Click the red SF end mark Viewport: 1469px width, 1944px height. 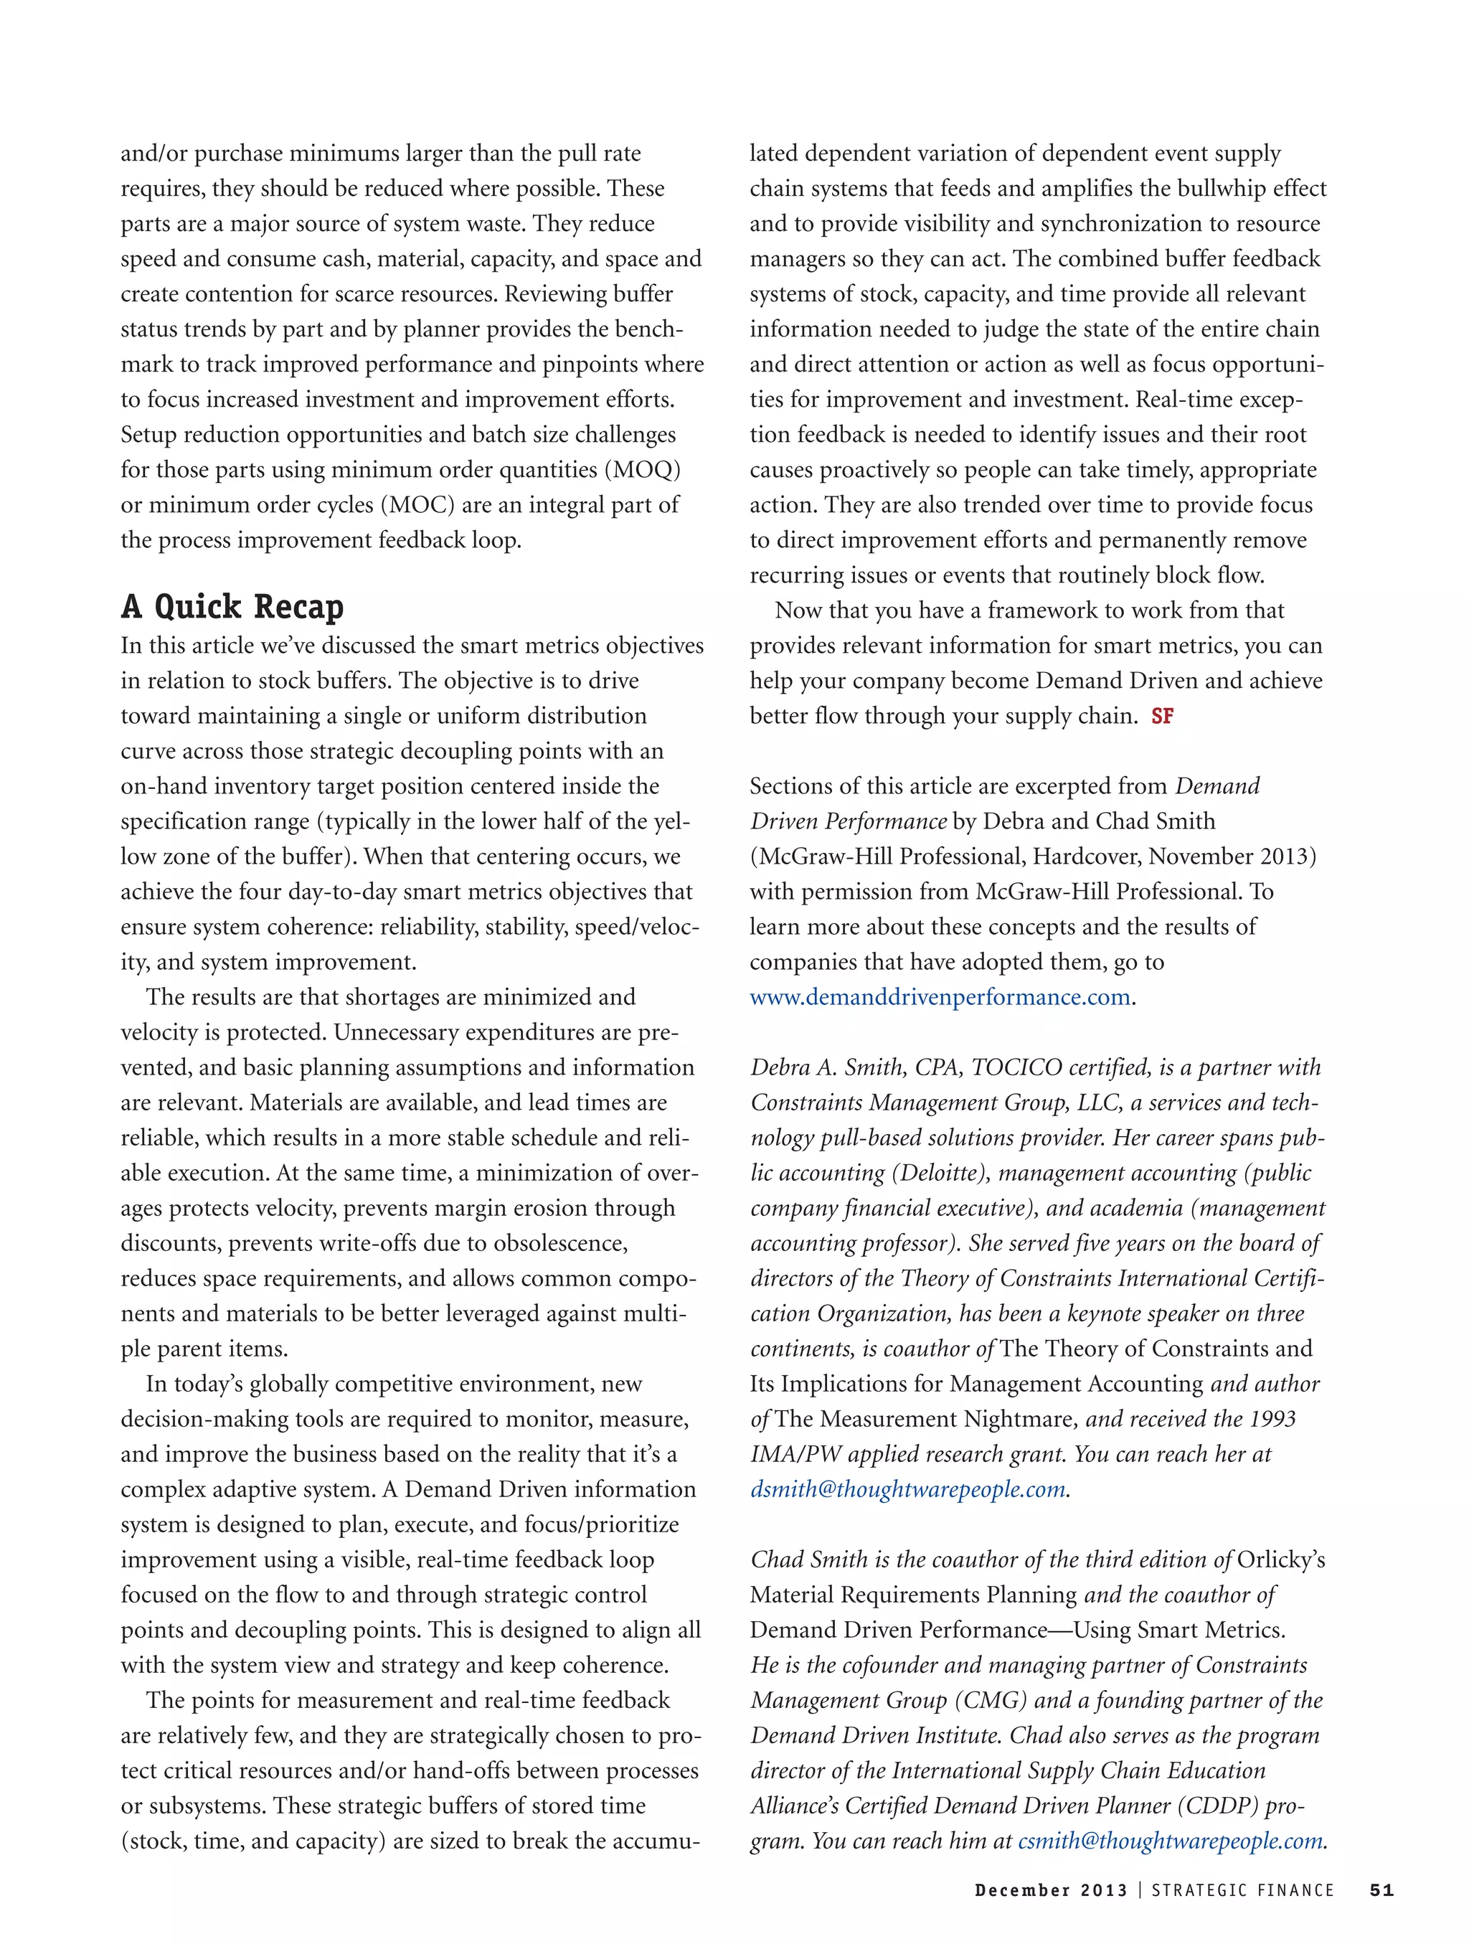[x=1161, y=716]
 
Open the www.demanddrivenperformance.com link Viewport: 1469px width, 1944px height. [x=939, y=998]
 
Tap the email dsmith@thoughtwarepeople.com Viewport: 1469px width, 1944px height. [x=907, y=1490]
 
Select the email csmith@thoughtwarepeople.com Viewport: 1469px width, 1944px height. [x=1169, y=1841]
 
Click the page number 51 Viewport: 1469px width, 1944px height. [x=1381, y=1890]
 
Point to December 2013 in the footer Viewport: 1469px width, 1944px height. [x=1050, y=1890]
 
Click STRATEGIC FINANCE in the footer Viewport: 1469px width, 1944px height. [x=1242, y=1890]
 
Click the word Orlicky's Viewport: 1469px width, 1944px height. [x=1280, y=1560]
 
